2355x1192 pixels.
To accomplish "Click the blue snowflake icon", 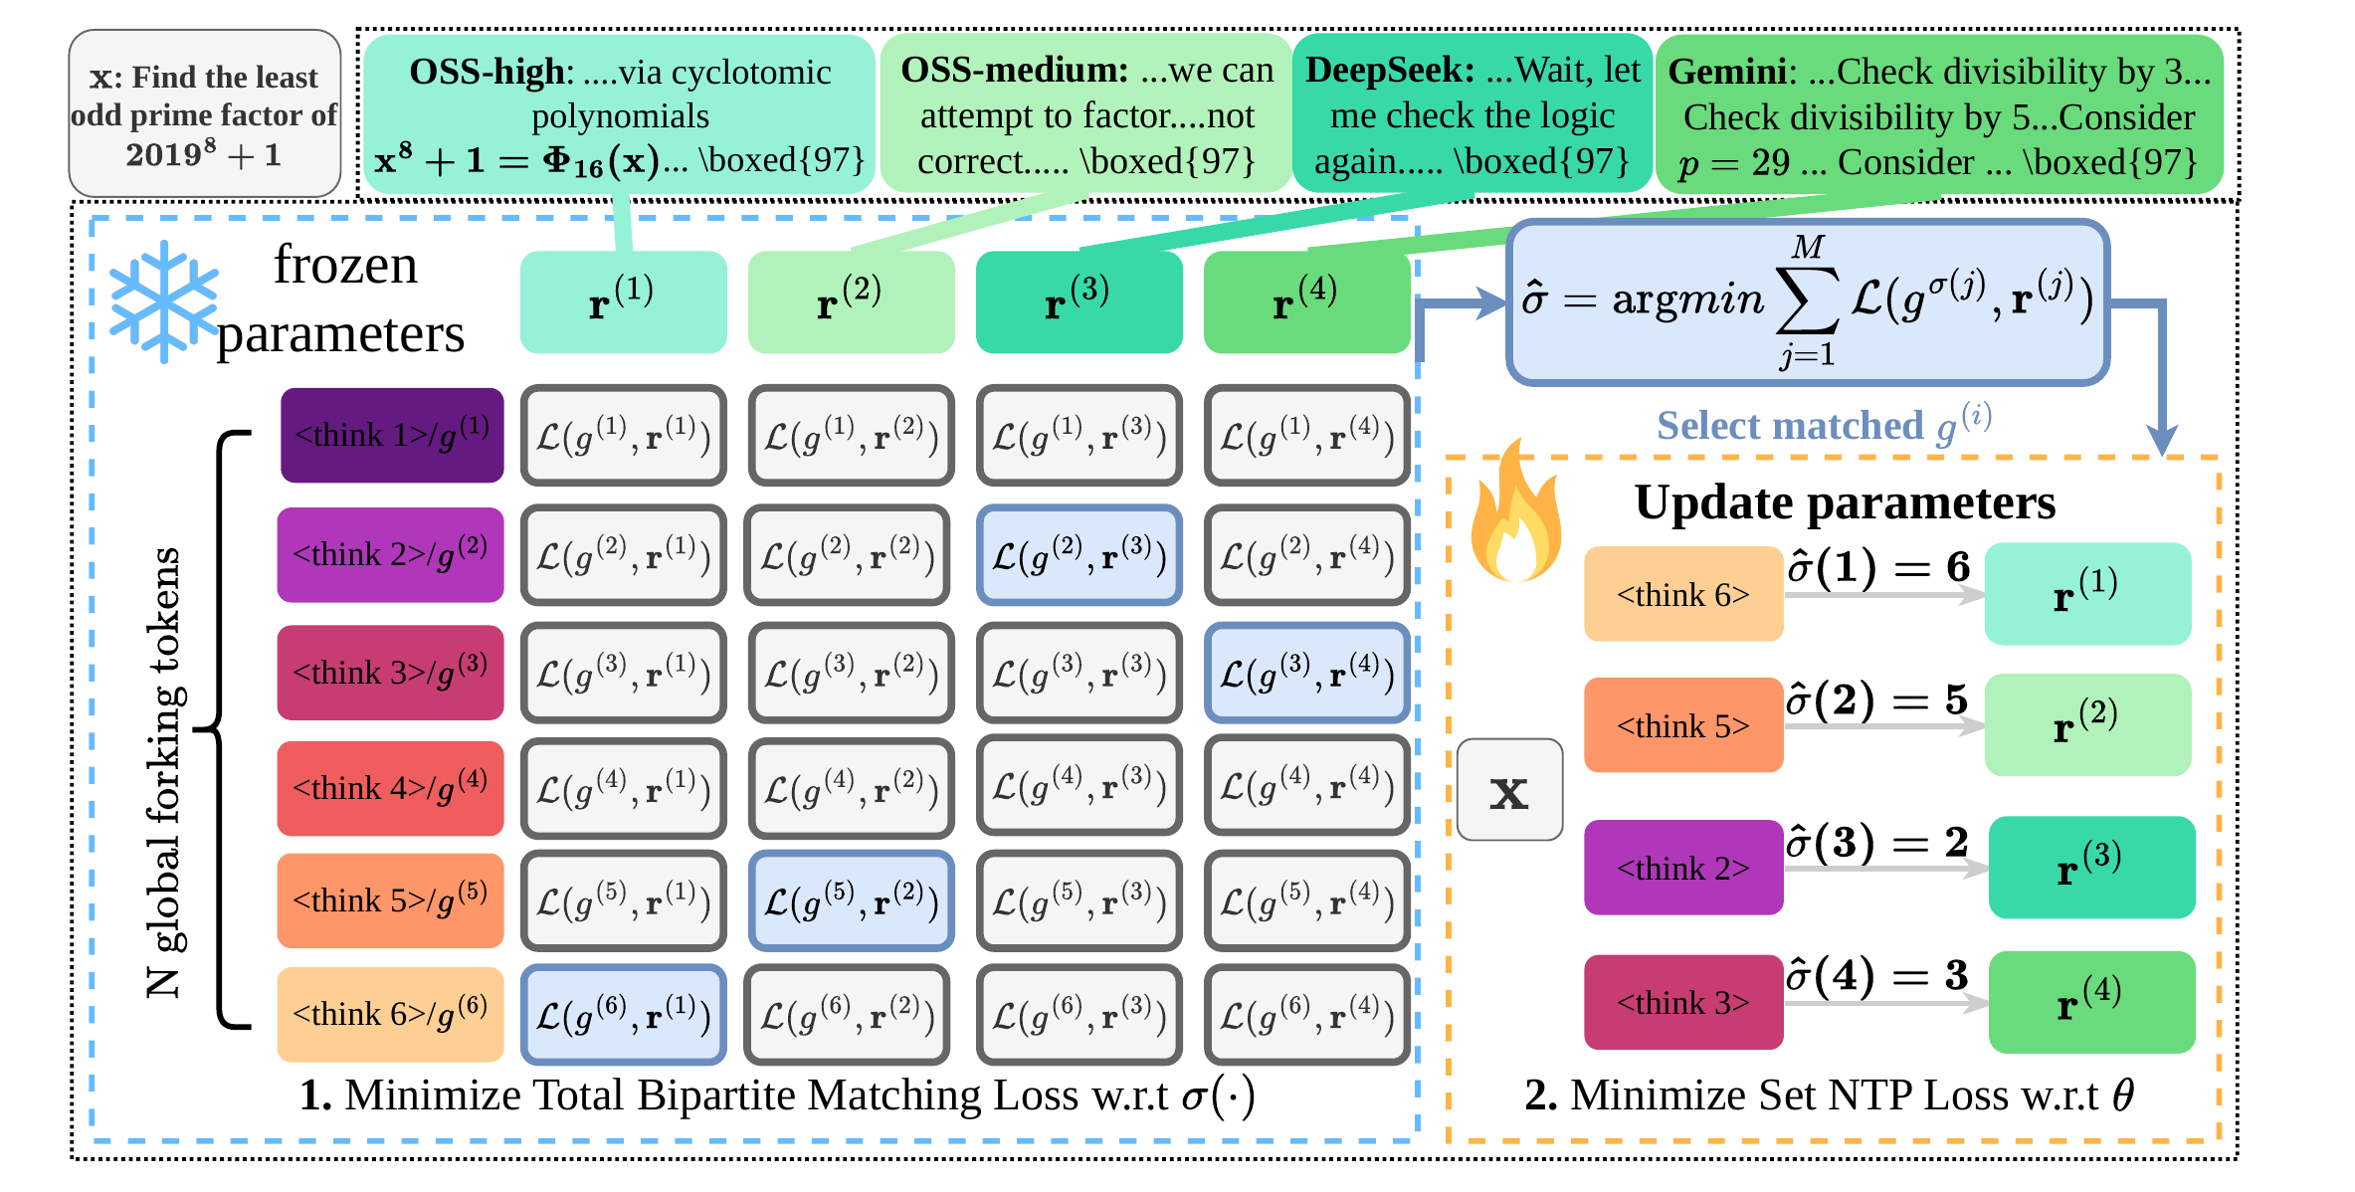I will pos(163,301).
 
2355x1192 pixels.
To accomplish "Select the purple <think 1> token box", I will pos(391,436).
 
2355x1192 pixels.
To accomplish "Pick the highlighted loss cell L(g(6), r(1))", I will pos(624,1015).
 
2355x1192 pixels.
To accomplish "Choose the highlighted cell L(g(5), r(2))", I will pos(852,901).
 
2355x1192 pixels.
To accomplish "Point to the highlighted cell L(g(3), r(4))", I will pos(1307,674).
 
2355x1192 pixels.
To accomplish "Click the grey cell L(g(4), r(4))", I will pos(1307,787).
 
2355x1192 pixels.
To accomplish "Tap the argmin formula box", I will pos(1807,301).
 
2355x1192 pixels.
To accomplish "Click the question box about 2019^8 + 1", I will pos(205,114).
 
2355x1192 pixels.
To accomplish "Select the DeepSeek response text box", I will pos(1472,114).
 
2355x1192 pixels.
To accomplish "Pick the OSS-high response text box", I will pos(619,114).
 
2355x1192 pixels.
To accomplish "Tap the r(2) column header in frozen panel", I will pos(851,301).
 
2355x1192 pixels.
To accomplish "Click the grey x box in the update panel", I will pos(1509,790).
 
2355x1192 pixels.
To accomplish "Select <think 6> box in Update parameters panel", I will pos(1682,594).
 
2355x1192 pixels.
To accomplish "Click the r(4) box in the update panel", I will pos(2091,1002).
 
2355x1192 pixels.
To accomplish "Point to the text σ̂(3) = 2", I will pos(1876,842).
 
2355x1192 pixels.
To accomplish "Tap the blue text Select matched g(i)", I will pos(1823,425).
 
